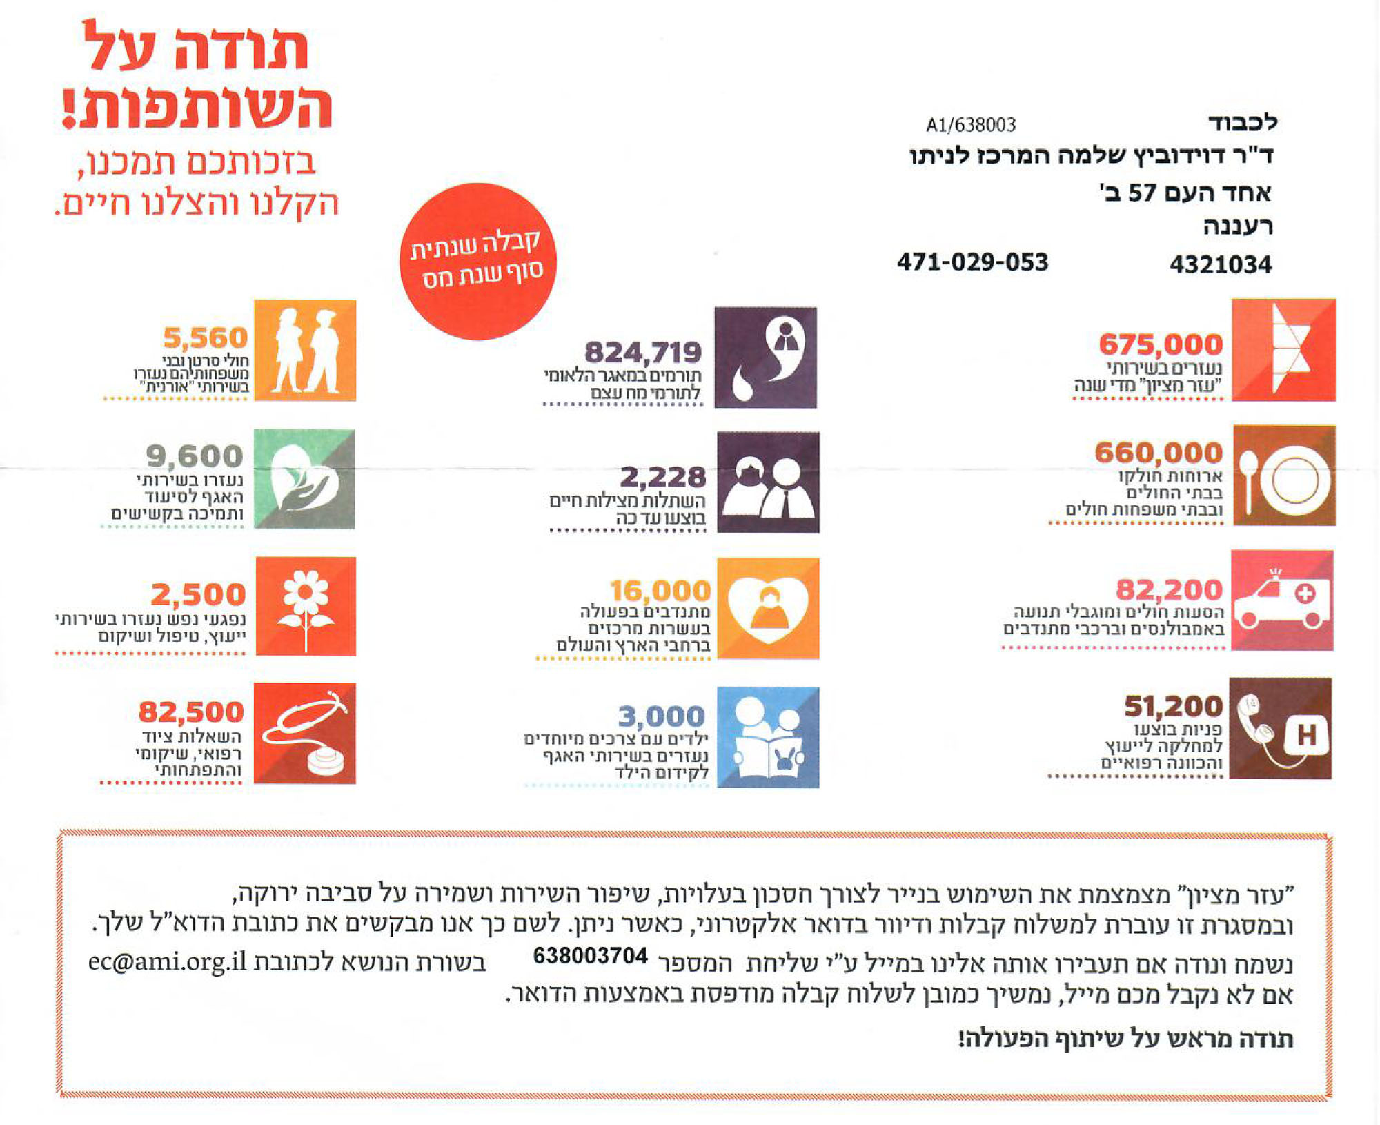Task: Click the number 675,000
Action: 1160,344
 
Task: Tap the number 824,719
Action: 642,353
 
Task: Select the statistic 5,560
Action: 205,338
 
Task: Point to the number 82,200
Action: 1169,590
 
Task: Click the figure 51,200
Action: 1173,706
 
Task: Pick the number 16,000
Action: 660,591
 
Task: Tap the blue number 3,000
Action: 661,716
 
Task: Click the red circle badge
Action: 477,261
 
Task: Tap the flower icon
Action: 306,606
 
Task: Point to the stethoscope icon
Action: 305,733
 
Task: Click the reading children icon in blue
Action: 768,737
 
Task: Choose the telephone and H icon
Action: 1281,729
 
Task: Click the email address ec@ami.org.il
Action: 167,961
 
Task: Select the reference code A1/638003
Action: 971,125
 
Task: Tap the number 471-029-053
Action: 972,262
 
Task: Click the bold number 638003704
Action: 590,956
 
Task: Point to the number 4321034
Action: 1220,264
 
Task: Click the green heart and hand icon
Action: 304,479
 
